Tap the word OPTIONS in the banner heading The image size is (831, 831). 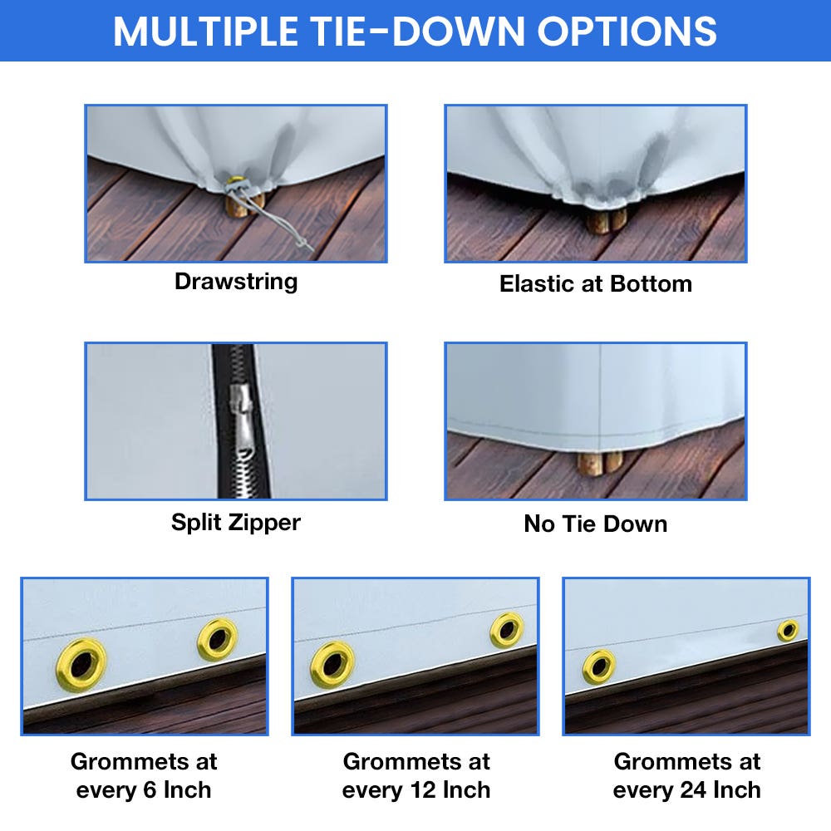[x=627, y=32]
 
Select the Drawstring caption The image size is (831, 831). [x=236, y=281]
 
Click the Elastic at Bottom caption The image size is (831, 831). [x=595, y=283]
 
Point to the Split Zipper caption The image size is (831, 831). [x=236, y=522]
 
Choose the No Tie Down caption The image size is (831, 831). [x=595, y=524]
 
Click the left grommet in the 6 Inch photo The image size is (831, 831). [x=81, y=664]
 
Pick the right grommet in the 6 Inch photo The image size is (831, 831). [x=218, y=639]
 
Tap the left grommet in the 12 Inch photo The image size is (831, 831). [x=332, y=664]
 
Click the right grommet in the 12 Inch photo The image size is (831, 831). [x=506, y=630]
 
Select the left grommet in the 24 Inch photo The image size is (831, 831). [x=598, y=666]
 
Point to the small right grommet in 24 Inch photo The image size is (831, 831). [x=787, y=630]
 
